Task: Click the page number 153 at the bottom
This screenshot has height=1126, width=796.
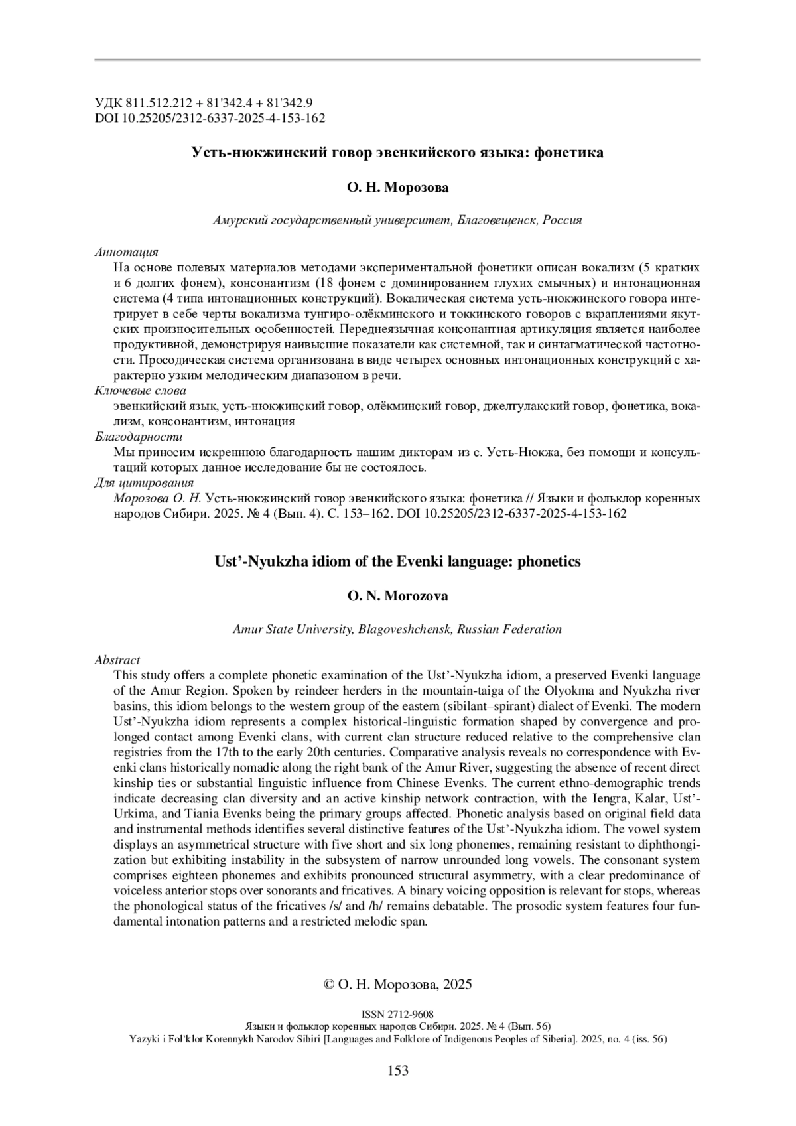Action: click(x=397, y=1070)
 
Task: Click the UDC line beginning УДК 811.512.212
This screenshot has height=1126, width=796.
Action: click(x=204, y=103)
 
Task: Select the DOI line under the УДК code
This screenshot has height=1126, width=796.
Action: click(x=210, y=118)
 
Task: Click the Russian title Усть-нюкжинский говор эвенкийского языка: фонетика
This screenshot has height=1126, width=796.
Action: click(x=397, y=153)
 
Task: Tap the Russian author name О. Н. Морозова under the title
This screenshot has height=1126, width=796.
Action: click(x=397, y=188)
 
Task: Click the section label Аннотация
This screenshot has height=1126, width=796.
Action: click(x=126, y=252)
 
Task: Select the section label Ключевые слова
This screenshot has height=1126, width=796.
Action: click(x=140, y=391)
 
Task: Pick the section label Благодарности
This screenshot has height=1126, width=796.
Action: click(x=138, y=437)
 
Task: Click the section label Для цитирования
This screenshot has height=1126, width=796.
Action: click(x=144, y=482)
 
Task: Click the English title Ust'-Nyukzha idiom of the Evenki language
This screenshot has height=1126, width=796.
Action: click(x=397, y=561)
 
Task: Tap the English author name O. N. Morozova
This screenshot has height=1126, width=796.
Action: click(x=397, y=596)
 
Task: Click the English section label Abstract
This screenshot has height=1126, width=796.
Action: click(x=117, y=660)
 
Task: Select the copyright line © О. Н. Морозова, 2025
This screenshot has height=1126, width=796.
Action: click(x=397, y=984)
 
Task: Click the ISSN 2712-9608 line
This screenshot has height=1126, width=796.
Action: click(x=397, y=1015)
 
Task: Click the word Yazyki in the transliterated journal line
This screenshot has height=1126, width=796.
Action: click(x=143, y=1039)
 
